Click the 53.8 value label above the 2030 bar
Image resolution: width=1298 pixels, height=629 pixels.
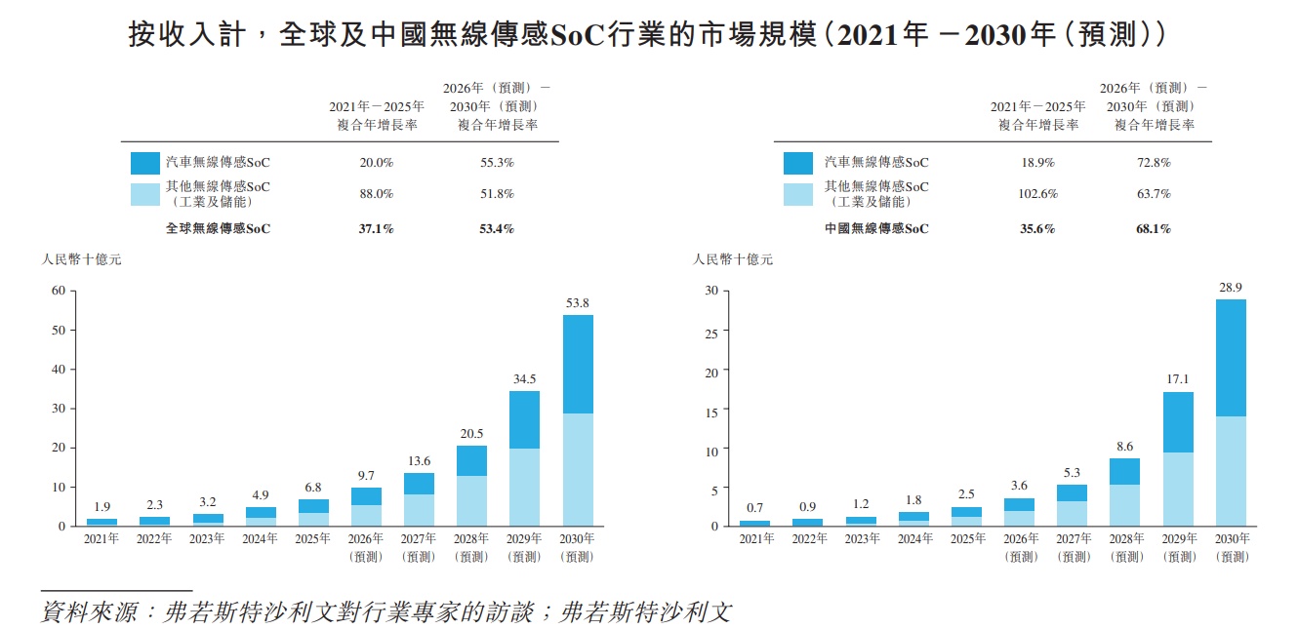point(578,303)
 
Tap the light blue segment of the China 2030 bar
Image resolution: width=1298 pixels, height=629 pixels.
point(1231,470)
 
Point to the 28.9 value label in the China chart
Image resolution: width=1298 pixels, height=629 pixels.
point(1231,288)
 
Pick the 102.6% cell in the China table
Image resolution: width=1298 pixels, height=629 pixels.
point(1037,193)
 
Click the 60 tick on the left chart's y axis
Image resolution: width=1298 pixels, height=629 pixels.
point(59,291)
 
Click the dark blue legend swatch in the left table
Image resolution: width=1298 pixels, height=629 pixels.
point(145,163)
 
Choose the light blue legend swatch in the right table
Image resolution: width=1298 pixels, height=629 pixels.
point(797,193)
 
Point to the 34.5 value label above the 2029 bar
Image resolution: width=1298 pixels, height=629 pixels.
point(525,379)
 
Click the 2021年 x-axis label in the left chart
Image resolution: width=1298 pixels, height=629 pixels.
point(101,539)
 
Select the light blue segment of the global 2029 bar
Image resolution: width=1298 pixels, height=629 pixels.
point(525,487)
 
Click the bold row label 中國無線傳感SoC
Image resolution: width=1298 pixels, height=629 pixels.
point(876,229)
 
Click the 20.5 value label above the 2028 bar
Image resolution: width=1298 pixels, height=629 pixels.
point(471,434)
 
